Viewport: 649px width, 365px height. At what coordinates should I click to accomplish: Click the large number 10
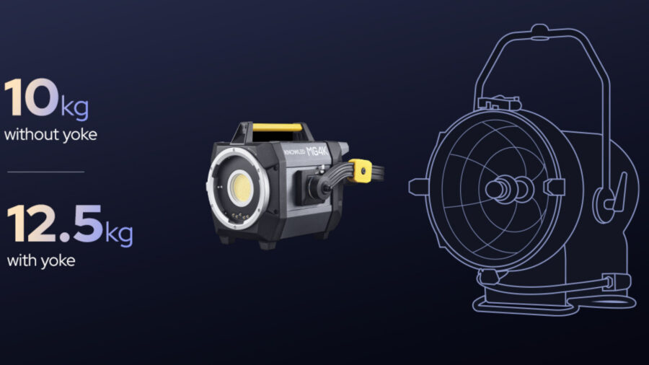click(31, 97)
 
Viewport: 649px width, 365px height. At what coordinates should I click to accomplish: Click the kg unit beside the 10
click(75, 107)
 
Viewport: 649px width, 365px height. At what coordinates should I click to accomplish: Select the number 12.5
click(55, 224)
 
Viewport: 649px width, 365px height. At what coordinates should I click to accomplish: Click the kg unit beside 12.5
click(119, 234)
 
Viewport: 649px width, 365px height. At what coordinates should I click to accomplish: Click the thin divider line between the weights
click(46, 172)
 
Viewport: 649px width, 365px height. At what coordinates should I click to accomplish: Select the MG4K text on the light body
click(317, 151)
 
